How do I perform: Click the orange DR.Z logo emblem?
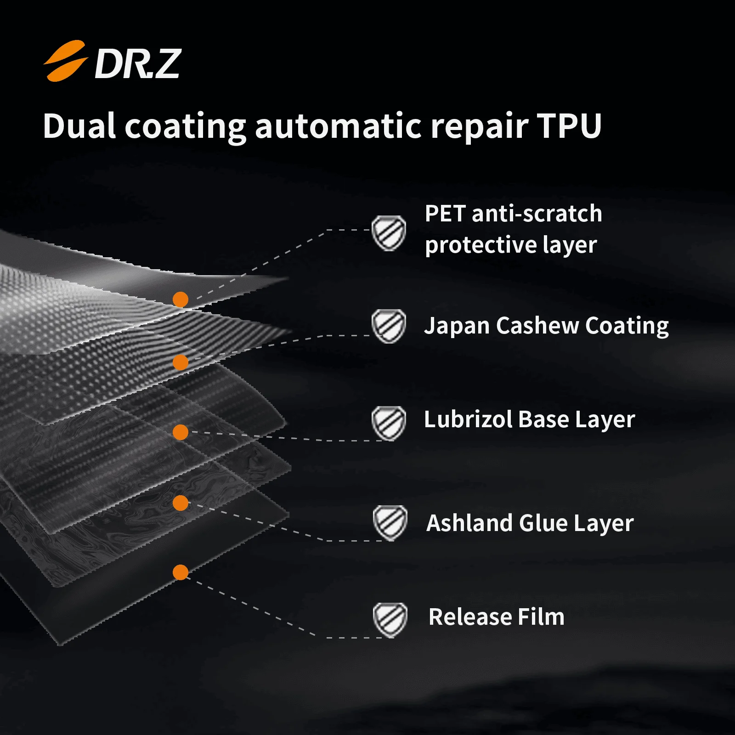tap(65, 61)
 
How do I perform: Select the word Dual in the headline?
tap(79, 126)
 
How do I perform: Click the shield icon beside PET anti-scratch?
tap(389, 233)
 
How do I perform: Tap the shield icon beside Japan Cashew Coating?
tap(389, 326)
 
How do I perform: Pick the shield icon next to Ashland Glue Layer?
tap(390, 523)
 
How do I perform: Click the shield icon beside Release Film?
tap(390, 619)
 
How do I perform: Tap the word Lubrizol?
tap(467, 419)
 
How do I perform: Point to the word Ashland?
tap(469, 523)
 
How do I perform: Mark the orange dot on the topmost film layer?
tap(181, 300)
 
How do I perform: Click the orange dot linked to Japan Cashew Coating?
tap(181, 362)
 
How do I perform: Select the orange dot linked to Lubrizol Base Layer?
tap(181, 432)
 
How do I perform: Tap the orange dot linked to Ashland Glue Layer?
tap(181, 503)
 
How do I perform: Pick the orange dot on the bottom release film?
tap(181, 572)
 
